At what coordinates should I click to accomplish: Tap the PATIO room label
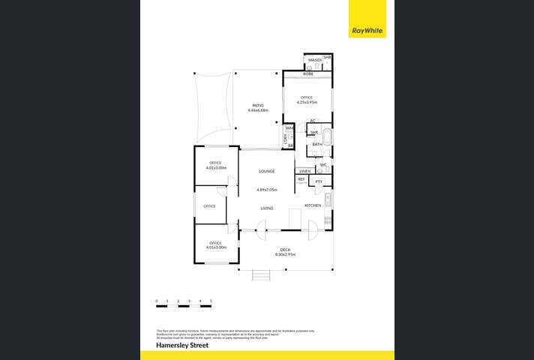click(x=258, y=105)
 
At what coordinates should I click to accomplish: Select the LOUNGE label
click(x=266, y=171)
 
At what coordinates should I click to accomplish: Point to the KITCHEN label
click(x=313, y=205)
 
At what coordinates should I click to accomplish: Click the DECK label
click(x=285, y=249)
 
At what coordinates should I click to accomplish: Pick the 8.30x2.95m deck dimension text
click(x=285, y=255)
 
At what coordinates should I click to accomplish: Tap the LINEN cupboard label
click(x=304, y=172)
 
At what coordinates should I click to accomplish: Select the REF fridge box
click(x=301, y=180)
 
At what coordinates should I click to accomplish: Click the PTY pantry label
click(x=319, y=181)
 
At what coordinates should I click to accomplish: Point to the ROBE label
click(x=308, y=73)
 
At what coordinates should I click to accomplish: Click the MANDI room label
click(x=315, y=59)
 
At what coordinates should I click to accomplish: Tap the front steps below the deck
click(x=260, y=275)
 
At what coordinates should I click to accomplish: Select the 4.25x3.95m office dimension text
click(x=306, y=102)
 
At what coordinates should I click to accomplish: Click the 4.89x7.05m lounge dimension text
click(x=267, y=189)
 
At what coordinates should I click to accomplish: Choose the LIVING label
click(x=266, y=208)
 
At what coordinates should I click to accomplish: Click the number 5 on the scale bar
click(x=211, y=300)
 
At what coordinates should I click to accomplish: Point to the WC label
click(x=322, y=165)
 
